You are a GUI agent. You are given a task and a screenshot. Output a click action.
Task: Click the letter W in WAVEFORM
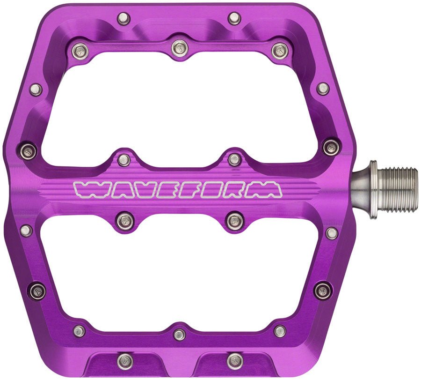click(89, 189)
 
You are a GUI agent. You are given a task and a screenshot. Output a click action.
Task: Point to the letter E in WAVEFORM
click(168, 189)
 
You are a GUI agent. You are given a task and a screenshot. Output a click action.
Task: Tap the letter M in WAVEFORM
click(269, 189)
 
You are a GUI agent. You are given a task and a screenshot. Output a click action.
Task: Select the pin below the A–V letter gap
click(124, 220)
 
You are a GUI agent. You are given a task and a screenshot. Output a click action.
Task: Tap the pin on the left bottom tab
click(124, 360)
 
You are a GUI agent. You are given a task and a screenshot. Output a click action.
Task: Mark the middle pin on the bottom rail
click(179, 334)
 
